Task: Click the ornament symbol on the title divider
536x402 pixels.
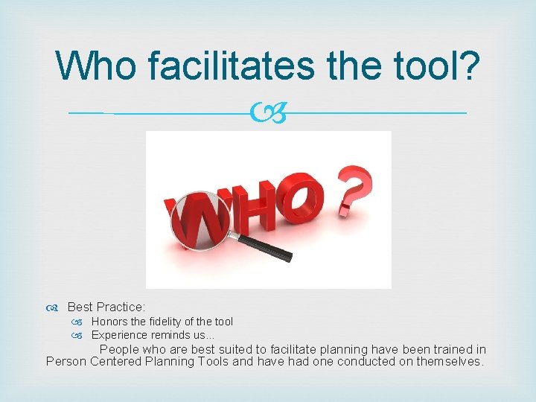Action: pos(268,114)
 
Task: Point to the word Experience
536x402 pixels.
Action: pos(118,335)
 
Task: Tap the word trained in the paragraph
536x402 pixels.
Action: pos(435,349)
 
